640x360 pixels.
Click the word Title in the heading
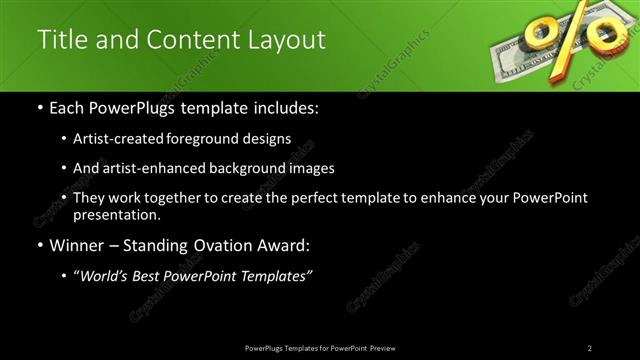(60, 39)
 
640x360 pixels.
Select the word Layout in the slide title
(286, 39)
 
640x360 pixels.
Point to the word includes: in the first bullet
(284, 106)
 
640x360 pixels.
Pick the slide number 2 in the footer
(590, 348)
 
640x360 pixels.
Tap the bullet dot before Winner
(39, 244)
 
